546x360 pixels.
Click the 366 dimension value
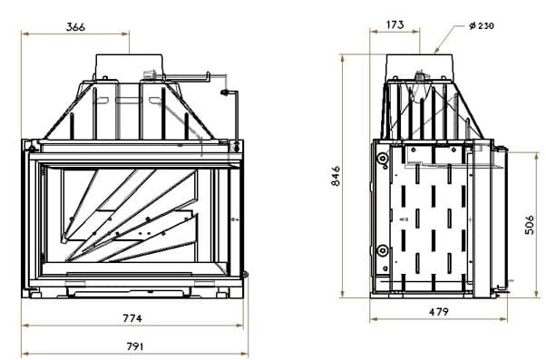click(75, 27)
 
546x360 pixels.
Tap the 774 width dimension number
click(132, 318)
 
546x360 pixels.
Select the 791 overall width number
click(135, 346)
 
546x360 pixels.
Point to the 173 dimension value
click(395, 24)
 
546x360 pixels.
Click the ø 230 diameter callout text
click(482, 25)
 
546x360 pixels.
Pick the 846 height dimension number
click(336, 176)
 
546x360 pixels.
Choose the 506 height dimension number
click(530, 225)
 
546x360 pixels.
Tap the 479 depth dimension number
click(439, 312)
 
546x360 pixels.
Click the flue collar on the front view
click(129, 67)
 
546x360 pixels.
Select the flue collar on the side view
click(420, 67)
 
